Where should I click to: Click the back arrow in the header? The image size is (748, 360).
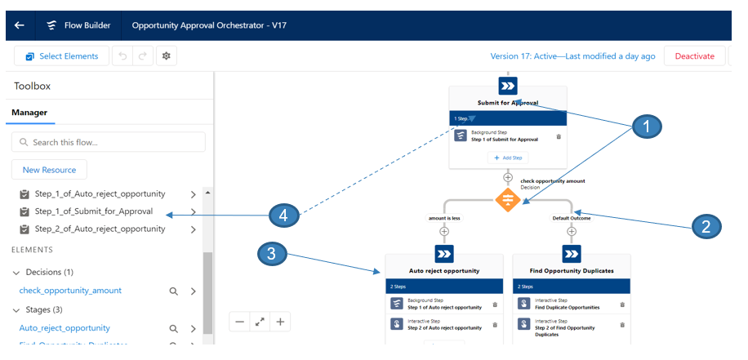(19, 25)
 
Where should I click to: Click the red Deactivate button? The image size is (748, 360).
(694, 56)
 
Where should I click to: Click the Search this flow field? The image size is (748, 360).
(109, 142)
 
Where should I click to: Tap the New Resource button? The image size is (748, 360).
(49, 170)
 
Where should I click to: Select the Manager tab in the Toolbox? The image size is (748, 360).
(29, 113)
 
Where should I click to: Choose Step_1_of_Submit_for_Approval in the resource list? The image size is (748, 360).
(94, 211)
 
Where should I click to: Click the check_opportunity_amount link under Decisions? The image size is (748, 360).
(70, 291)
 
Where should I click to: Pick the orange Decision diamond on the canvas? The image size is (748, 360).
(508, 199)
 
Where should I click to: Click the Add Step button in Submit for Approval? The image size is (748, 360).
(507, 158)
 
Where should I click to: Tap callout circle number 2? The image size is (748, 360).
(706, 226)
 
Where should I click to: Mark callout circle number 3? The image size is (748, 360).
(273, 253)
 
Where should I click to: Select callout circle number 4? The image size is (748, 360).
(283, 216)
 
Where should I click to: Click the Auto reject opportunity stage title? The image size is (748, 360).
(443, 270)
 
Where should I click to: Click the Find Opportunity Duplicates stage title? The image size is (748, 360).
(571, 270)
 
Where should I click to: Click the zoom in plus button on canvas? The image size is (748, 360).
(280, 322)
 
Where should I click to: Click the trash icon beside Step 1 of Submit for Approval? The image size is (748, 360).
(559, 136)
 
